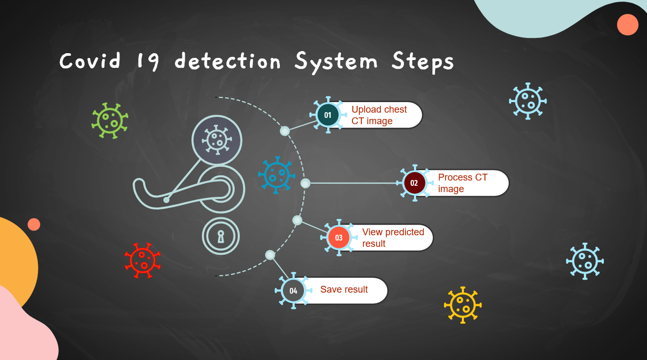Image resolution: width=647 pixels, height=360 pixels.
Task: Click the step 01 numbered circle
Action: pyautogui.click(x=328, y=115)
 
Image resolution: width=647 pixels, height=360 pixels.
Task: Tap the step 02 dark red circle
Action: pyautogui.click(x=414, y=183)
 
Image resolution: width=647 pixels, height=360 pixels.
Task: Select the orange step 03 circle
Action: pyautogui.click(x=339, y=238)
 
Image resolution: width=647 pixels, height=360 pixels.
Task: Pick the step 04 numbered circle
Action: pyautogui.click(x=293, y=291)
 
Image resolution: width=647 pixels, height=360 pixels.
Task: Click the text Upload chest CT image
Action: pyautogui.click(x=379, y=115)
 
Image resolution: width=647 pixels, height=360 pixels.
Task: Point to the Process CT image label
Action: pyautogui.click(x=462, y=183)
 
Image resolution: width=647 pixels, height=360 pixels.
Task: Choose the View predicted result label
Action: pyautogui.click(x=393, y=238)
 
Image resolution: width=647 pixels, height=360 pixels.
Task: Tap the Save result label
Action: pyautogui.click(x=344, y=289)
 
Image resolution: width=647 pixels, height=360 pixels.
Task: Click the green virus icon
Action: pyautogui.click(x=110, y=121)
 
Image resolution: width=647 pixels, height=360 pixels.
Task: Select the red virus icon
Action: pyautogui.click(x=142, y=260)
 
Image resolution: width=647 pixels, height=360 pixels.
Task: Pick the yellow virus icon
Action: pyautogui.click(x=462, y=305)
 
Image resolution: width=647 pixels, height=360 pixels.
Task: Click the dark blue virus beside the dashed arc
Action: pyautogui.click(x=277, y=175)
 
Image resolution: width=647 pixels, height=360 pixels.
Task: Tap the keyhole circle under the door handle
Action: pyautogui.click(x=221, y=236)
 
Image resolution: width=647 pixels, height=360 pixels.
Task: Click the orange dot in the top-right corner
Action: pyautogui.click(x=628, y=25)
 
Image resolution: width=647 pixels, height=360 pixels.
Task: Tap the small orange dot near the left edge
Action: pyautogui.click(x=34, y=224)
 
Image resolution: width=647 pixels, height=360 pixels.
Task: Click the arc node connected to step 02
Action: pyautogui.click(x=305, y=183)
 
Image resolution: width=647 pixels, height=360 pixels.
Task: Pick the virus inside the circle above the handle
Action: pyautogui.click(x=217, y=141)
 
